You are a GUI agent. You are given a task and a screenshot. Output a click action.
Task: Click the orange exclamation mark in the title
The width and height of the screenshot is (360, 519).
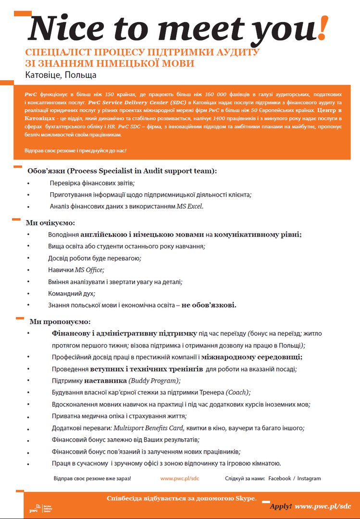pos(323,28)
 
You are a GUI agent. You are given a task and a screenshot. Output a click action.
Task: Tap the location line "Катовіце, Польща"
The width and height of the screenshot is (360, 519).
pos(61,75)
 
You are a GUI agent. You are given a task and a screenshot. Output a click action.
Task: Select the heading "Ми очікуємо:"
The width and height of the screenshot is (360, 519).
pos(50,223)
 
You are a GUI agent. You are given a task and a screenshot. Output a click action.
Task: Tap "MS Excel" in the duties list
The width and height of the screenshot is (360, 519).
pos(190,206)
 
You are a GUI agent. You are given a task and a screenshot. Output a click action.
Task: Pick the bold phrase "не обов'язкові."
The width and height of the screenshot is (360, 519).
pos(209,305)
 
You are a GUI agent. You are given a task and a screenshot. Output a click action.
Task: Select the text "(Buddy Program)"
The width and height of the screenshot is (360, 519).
pos(154,381)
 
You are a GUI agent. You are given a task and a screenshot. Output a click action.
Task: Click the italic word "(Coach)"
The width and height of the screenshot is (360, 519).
pos(238,392)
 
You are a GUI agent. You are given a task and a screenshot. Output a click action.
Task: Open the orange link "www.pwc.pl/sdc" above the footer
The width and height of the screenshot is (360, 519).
pos(180,479)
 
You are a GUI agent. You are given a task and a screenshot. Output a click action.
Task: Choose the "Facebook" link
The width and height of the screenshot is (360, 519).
pos(280,479)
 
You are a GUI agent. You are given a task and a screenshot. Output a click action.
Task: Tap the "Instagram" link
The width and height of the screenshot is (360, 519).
pos(309,479)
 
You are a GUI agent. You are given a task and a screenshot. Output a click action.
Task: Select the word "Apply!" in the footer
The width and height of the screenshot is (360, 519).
pos(280,507)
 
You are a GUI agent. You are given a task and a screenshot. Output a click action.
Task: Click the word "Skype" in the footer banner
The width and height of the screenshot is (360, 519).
pos(246,498)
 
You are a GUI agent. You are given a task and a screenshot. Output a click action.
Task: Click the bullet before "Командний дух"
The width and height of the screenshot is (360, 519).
pos(29,294)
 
